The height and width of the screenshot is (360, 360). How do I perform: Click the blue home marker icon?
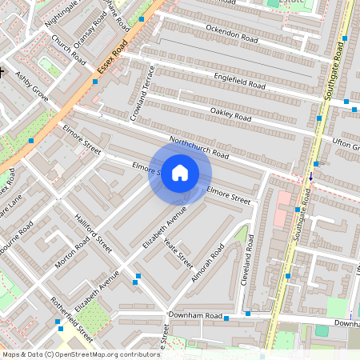[x=180, y=173]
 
